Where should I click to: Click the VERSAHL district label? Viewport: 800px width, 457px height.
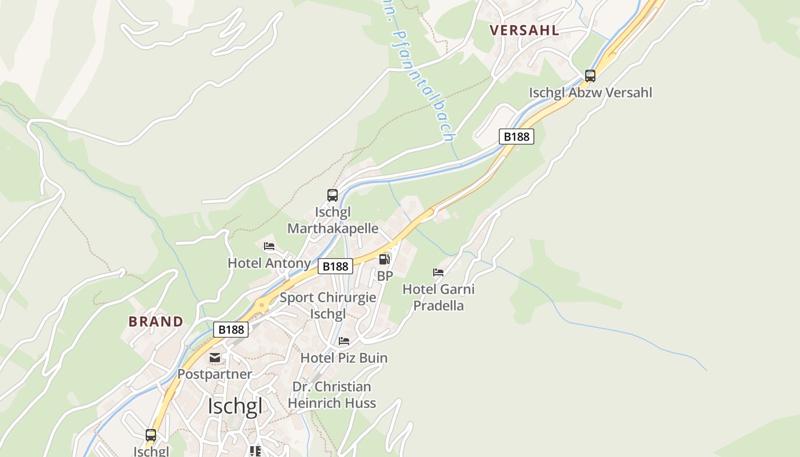pos(524,30)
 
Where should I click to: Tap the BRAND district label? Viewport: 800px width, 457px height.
pos(156,321)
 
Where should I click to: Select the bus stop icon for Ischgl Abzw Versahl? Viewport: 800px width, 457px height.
pos(590,76)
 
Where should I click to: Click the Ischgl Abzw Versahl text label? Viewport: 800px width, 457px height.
pos(590,93)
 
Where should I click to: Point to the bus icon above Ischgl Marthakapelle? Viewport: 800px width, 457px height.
pos(333,195)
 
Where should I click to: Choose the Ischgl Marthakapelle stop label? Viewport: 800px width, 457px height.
pos(333,221)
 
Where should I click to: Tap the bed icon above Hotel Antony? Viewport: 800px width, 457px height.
pos(269,246)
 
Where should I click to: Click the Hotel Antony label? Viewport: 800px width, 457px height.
pos(269,263)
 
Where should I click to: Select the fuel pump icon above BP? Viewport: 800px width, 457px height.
pos(385,259)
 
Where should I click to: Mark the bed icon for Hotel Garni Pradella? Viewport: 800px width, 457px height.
pos(438,272)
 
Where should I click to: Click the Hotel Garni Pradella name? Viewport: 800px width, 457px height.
pos(438,297)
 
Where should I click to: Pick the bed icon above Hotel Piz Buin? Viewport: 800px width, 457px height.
pos(344,341)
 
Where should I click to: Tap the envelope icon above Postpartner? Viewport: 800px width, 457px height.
pos(215,358)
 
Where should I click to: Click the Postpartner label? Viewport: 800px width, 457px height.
pos(215,374)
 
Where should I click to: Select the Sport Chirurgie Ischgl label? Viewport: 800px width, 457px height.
pos(328,306)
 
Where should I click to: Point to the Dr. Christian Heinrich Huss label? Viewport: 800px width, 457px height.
pos(332,395)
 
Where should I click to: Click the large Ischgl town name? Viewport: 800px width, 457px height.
pos(235,406)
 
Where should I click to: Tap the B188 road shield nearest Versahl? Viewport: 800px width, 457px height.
pos(517,137)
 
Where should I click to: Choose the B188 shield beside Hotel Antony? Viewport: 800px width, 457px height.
pos(335,266)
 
